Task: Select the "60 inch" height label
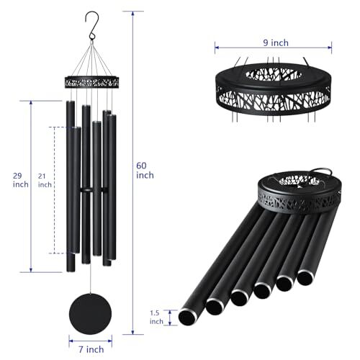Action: click(145, 170)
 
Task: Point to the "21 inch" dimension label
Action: click(45, 180)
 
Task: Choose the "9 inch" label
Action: click(271, 42)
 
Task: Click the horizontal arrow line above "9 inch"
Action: click(271, 50)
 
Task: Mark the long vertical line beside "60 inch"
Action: click(134, 173)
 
